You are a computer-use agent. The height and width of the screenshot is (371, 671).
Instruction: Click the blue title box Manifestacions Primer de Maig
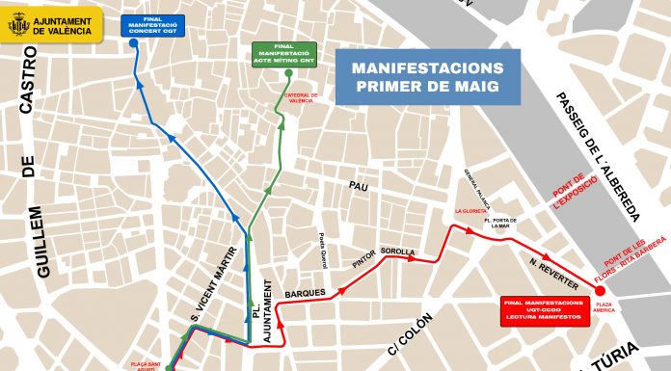[427, 77]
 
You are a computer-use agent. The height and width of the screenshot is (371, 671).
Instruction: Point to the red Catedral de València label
[301, 99]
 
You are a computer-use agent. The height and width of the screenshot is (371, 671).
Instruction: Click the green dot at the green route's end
[288, 73]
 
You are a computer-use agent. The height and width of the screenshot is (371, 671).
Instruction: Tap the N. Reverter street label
[553, 273]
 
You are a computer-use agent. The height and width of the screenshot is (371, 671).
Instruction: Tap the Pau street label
[359, 185]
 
